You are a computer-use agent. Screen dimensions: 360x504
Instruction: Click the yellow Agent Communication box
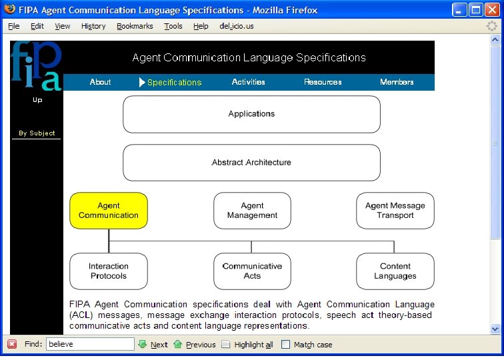(x=109, y=211)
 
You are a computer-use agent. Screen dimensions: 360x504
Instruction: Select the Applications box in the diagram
(x=251, y=114)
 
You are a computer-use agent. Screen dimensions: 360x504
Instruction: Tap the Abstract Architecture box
(x=251, y=163)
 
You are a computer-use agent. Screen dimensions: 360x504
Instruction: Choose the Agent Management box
(x=252, y=211)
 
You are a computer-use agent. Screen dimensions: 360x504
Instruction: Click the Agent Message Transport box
(x=395, y=211)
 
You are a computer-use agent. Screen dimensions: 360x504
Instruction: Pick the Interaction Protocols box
(x=109, y=271)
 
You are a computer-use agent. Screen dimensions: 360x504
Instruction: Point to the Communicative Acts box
(x=252, y=271)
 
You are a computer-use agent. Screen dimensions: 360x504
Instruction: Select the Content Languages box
(x=395, y=271)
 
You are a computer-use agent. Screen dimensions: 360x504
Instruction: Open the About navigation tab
(x=100, y=82)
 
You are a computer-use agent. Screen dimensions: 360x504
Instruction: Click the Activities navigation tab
(x=249, y=82)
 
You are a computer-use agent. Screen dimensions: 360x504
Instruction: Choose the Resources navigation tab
(x=323, y=82)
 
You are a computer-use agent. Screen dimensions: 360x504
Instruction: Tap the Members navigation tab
(x=397, y=82)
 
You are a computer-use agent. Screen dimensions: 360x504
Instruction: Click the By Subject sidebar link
(x=37, y=133)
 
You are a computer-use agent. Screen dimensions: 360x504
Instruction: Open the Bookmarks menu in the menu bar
(x=135, y=26)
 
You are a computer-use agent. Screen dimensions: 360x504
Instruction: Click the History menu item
(x=93, y=26)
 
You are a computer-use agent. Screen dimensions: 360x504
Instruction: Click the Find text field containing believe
(x=90, y=344)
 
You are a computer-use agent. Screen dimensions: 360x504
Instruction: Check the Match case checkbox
(x=286, y=345)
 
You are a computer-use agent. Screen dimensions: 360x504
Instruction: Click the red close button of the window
(x=491, y=10)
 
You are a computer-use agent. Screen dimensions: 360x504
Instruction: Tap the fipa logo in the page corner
(x=36, y=65)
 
